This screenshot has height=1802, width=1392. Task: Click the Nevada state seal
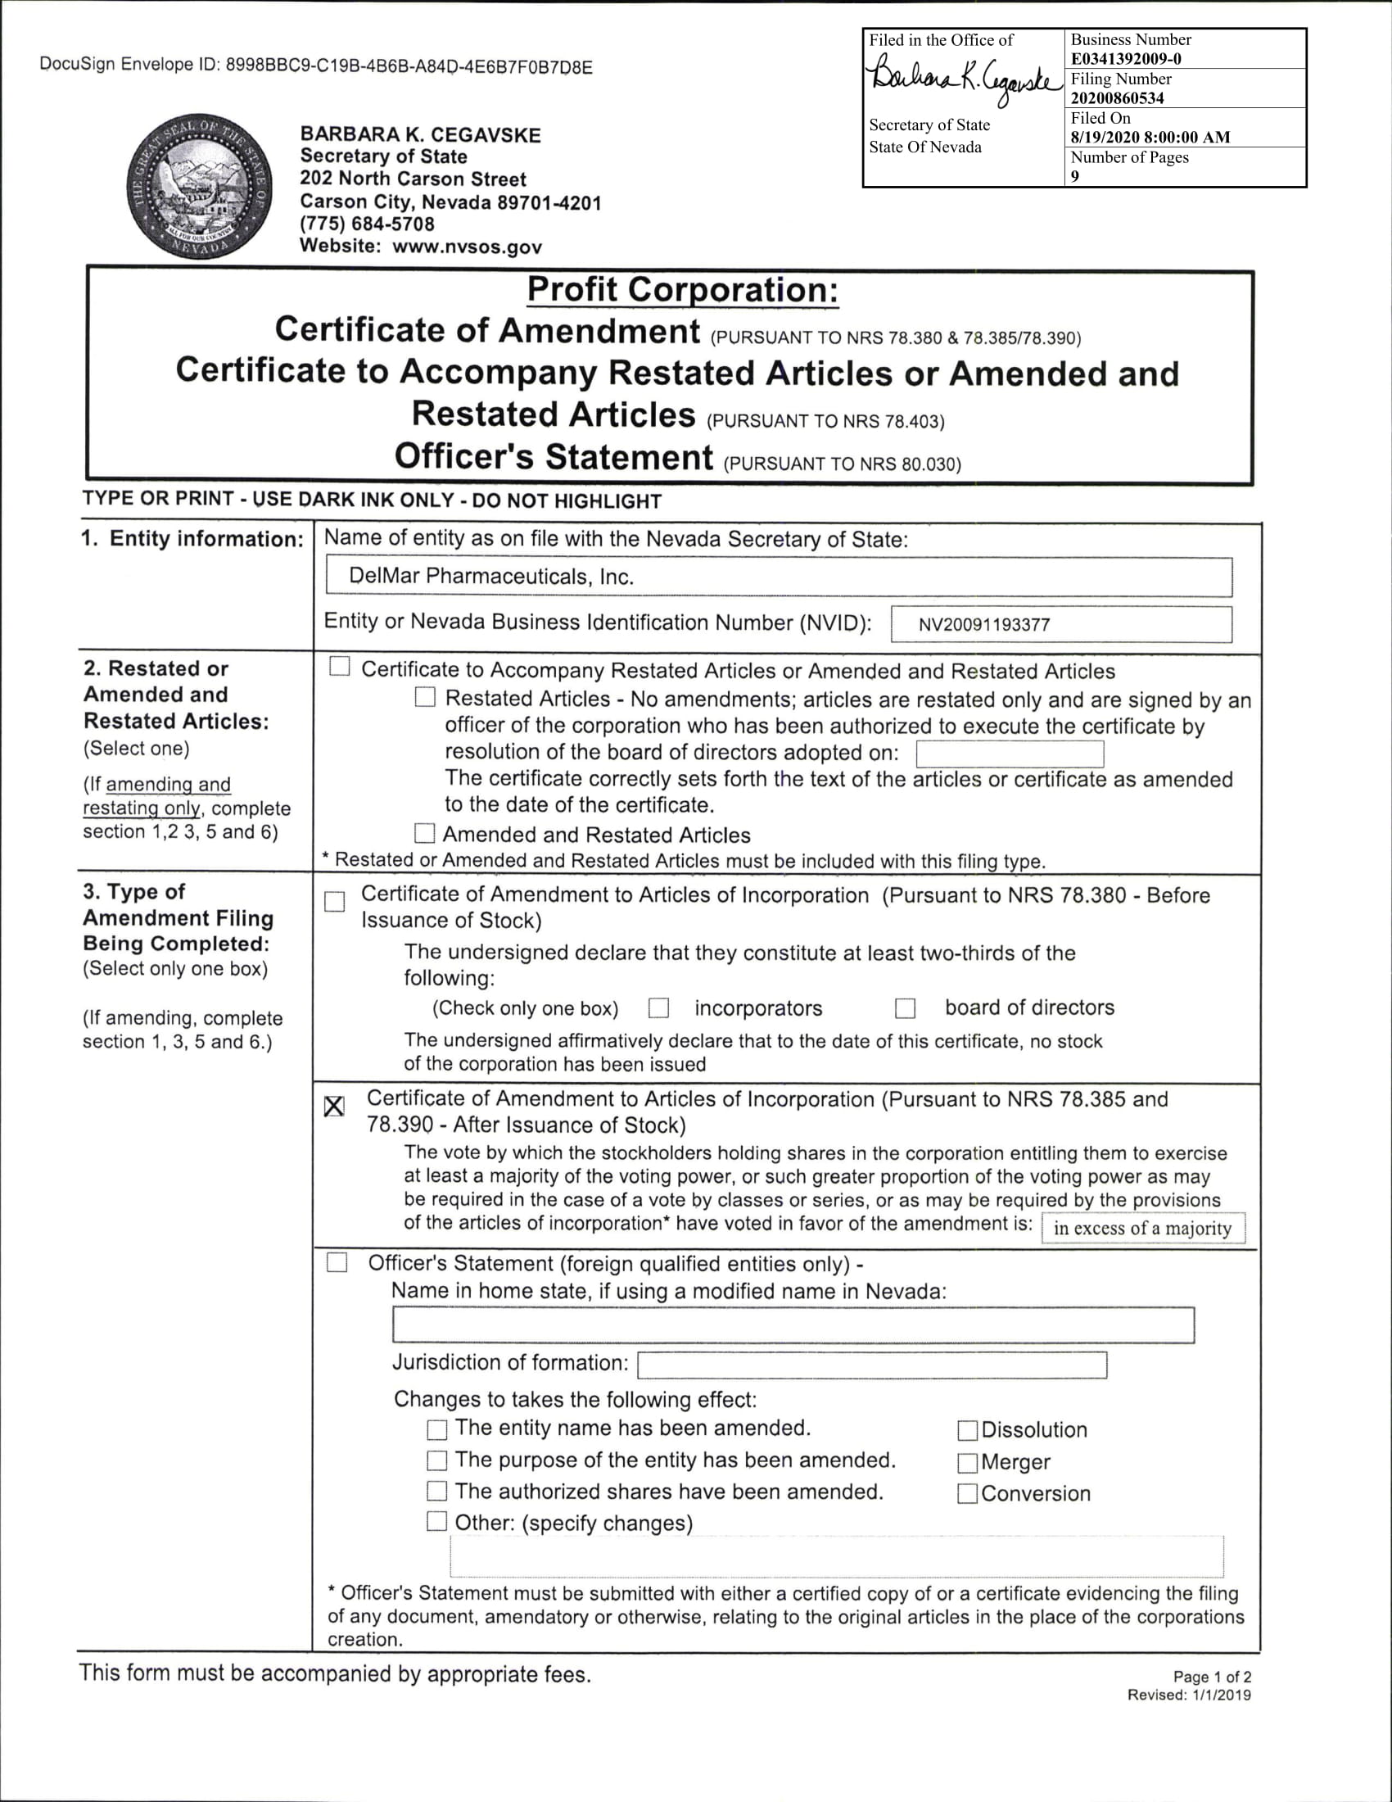point(200,187)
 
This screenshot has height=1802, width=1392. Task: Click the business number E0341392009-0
point(1126,59)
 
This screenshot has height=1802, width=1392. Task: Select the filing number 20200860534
point(1118,98)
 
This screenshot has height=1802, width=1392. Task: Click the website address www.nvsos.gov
point(467,246)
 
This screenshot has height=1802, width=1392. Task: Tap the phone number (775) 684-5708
point(367,224)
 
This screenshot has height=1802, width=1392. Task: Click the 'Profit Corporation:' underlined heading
point(682,291)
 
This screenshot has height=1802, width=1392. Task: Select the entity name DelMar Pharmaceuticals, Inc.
point(491,577)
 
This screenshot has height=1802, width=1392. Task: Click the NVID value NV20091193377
point(983,625)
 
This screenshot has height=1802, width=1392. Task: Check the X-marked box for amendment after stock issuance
point(334,1107)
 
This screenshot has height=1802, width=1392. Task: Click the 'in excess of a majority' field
point(1143,1229)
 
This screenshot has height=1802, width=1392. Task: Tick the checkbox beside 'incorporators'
point(658,1008)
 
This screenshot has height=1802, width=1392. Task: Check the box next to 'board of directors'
point(906,1008)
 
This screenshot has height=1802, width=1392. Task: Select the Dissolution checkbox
point(967,1430)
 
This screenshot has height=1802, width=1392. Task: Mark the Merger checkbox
point(967,1462)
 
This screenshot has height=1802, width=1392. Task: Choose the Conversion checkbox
point(967,1493)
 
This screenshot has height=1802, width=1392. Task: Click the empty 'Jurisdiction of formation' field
point(872,1365)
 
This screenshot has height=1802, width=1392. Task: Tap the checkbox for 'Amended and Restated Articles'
point(425,834)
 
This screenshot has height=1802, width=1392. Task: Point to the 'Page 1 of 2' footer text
point(1211,1677)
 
